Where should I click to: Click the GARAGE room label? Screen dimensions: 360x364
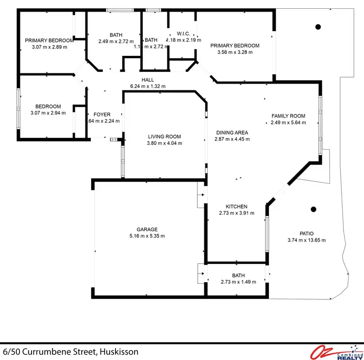147,229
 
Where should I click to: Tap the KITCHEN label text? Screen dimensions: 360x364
236,206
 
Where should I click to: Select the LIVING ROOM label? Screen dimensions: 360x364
165,137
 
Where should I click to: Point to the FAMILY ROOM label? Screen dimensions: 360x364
288,116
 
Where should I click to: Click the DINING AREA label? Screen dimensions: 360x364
232,133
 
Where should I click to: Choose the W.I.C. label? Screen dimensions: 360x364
183,34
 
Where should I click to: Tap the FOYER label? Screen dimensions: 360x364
102,115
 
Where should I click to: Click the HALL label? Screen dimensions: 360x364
148,80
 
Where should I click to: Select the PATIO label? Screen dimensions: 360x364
306,233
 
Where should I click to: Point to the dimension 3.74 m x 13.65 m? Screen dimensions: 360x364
306,240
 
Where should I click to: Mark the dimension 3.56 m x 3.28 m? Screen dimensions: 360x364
234,52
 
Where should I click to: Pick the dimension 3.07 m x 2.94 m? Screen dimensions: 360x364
48,113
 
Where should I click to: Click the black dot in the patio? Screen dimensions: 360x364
314,209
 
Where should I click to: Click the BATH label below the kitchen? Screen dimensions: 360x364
238,275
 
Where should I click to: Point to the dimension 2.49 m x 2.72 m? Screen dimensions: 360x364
116,41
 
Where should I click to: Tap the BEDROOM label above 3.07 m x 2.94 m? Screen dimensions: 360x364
48,106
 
